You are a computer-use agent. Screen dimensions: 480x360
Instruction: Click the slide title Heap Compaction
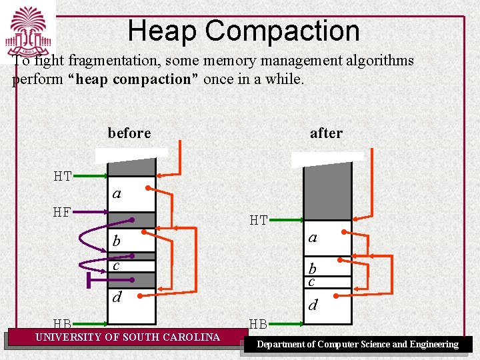pos(243,31)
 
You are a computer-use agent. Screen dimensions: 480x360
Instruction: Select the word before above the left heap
pos(129,133)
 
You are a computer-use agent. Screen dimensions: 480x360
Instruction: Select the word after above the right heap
pos(326,133)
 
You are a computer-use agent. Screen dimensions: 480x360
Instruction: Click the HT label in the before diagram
pos(63,177)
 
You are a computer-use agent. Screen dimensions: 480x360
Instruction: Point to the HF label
pos(63,213)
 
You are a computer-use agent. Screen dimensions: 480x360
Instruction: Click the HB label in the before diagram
pos(63,325)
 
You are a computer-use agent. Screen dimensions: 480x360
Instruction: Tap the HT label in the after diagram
pos(259,219)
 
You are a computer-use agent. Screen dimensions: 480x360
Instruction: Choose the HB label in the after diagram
pos(259,325)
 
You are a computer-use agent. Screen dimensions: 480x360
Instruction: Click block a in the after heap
pos(327,237)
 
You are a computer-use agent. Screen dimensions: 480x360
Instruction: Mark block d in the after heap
pos(327,306)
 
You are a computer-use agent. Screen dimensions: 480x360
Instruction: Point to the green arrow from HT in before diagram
pos(91,177)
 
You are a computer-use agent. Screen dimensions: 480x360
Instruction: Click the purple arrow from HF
pos(91,213)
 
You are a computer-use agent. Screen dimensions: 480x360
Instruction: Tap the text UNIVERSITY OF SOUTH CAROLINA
pos(127,337)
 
